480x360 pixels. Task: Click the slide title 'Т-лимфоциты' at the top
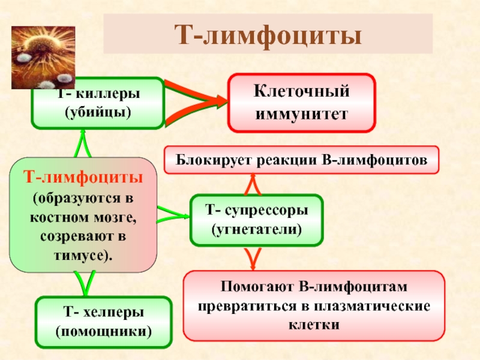coord(268,34)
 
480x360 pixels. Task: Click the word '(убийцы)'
coord(97,112)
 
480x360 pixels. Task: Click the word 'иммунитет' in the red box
coord(301,112)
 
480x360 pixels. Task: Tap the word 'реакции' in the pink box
coord(280,161)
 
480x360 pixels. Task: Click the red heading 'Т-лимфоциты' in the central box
coord(83,178)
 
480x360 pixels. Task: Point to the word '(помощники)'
coord(103,331)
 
